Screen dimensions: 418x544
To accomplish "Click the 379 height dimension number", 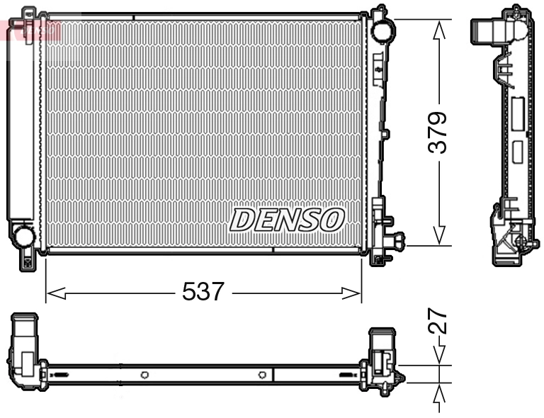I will coord(439,132).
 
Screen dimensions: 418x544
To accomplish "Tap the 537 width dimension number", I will coord(204,292).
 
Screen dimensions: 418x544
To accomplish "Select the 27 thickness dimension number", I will coord(439,321).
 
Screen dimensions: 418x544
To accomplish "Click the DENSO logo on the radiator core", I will coord(287,220).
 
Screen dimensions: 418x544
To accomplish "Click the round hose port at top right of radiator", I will coord(382,30).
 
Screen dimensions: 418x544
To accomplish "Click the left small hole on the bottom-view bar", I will coord(144,374).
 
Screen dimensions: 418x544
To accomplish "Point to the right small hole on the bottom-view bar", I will coord(262,374).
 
